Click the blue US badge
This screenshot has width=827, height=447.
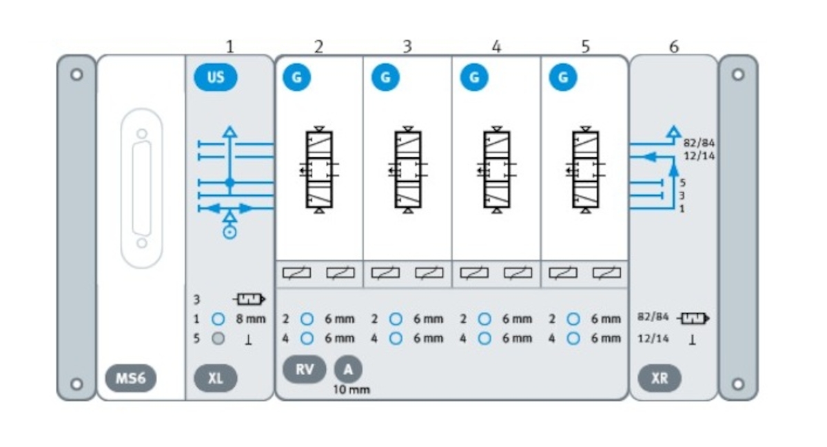pyautogui.click(x=216, y=77)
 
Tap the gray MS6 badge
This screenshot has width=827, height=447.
pyautogui.click(x=131, y=378)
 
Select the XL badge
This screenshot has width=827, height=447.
pyautogui.click(x=216, y=378)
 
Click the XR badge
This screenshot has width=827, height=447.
pyautogui.click(x=660, y=378)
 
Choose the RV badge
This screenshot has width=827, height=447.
pyautogui.click(x=305, y=369)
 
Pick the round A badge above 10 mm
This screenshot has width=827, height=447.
pyautogui.click(x=348, y=369)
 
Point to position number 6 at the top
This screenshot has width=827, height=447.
pyautogui.click(x=674, y=46)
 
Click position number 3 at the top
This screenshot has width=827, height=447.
pyautogui.click(x=407, y=46)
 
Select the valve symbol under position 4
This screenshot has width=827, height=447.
pyautogui.click(x=496, y=170)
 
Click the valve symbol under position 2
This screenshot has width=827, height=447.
pyautogui.click(x=318, y=170)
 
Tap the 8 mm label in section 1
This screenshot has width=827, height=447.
pyautogui.click(x=251, y=319)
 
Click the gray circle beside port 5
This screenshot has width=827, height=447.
pyautogui.click(x=218, y=339)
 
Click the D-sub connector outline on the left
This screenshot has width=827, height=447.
pyautogui.click(x=142, y=188)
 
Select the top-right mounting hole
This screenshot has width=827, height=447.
pyautogui.click(x=738, y=74)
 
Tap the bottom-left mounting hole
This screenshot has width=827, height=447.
pyautogui.click(x=76, y=384)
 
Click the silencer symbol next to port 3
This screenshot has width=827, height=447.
pyautogui.click(x=249, y=300)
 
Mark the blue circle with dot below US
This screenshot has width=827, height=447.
pyautogui.click(x=230, y=232)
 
